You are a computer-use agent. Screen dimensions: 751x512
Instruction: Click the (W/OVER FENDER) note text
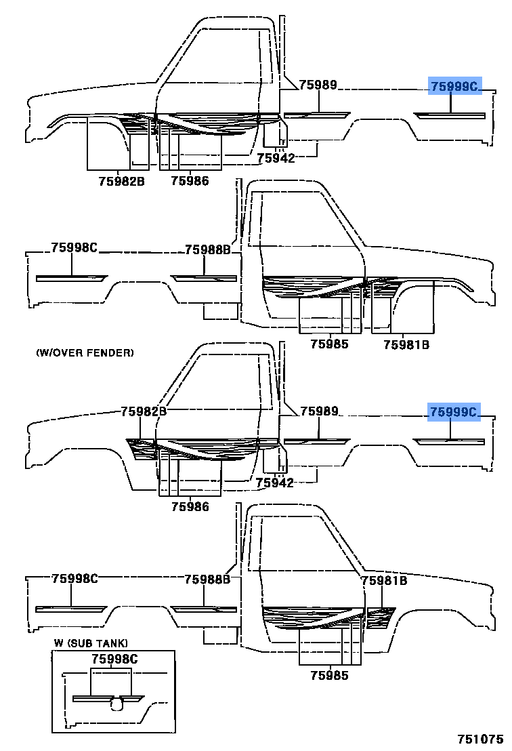tap(85, 352)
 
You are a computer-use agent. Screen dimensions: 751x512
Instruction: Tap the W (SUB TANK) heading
tap(91, 643)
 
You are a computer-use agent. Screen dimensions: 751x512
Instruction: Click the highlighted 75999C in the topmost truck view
tap(454, 85)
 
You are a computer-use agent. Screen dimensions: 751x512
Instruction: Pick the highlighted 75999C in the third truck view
tap(453, 411)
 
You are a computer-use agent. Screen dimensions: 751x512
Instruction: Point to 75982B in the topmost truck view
tap(122, 181)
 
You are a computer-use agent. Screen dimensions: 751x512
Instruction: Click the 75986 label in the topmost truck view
tap(190, 181)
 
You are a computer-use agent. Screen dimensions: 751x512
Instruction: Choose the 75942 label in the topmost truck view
tap(276, 158)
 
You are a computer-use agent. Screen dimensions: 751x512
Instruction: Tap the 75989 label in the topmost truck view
tap(319, 85)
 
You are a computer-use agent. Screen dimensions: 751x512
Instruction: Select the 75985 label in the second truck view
tap(329, 344)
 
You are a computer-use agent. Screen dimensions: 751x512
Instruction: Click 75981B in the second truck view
tap(406, 344)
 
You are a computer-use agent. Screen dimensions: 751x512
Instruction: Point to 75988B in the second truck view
tap(208, 250)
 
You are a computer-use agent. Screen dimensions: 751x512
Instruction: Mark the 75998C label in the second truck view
tap(74, 247)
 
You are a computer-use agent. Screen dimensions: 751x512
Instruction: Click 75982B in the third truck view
tap(144, 411)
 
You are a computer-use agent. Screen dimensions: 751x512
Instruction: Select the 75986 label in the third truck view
tap(190, 506)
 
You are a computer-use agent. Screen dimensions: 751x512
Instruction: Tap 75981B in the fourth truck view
tap(384, 581)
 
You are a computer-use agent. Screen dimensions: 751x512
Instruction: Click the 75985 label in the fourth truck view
tap(329, 675)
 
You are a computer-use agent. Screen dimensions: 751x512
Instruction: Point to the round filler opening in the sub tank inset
tap(118, 705)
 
